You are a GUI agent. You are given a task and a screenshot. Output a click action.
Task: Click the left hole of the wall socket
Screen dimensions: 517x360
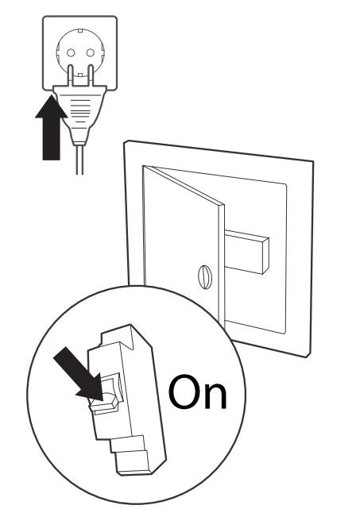pyautogui.click(x=69, y=56)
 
